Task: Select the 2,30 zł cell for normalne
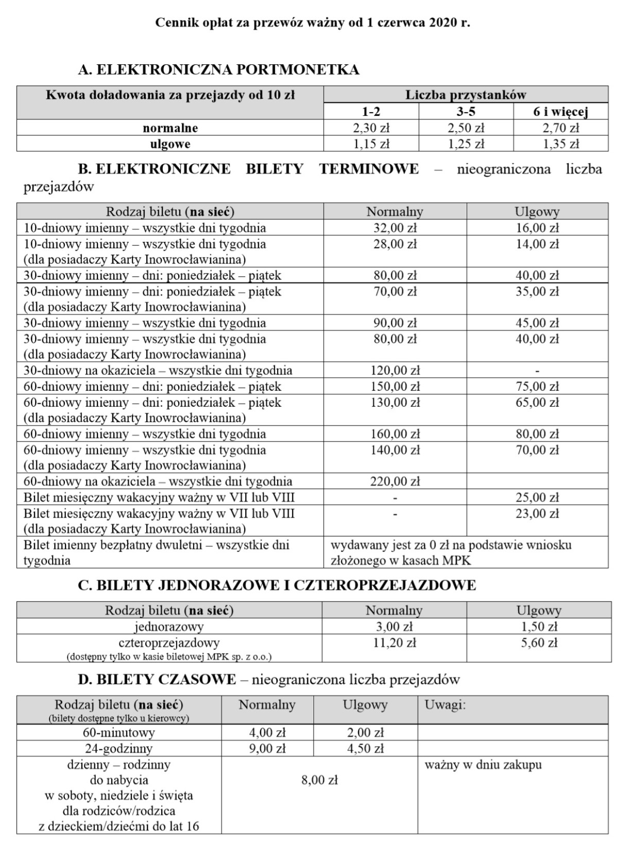tap(371, 128)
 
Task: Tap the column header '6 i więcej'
tap(560, 111)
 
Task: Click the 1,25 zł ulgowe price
tap(466, 144)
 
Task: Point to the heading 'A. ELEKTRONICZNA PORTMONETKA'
tap(218, 70)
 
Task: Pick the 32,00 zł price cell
tap(395, 228)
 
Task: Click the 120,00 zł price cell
tap(395, 370)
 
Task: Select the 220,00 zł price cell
tap(395, 481)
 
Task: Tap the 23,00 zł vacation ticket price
tap(537, 513)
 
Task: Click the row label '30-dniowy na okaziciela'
tap(158, 370)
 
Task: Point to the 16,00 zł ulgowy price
tap(537, 228)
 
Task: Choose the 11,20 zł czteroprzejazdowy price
tap(394, 643)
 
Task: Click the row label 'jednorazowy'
tap(169, 627)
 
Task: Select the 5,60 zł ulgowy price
tap(539, 643)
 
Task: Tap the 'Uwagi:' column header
tap(445, 705)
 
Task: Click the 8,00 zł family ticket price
tap(319, 780)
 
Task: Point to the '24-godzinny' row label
tap(119, 748)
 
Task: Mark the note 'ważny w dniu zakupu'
tap(483, 765)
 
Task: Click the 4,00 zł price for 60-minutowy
tap(267, 732)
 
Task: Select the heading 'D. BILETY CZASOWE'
tap(157, 680)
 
